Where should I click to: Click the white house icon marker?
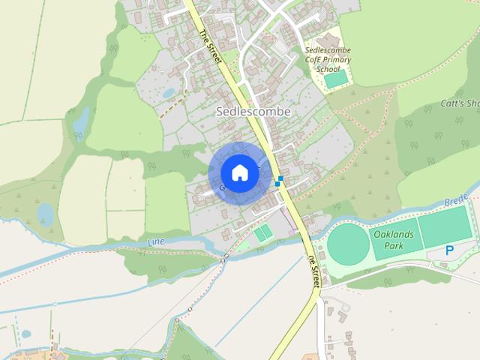[239, 172]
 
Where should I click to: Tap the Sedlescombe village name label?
[253, 111]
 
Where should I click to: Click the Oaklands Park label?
[388, 240]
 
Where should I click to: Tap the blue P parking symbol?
[449, 250]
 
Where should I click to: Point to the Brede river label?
[455, 202]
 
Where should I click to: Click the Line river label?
[156, 242]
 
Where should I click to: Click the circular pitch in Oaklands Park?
[349, 244]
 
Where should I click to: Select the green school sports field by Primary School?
[335, 79]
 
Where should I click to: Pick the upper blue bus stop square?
[280, 178]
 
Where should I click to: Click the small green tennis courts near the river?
[262, 233]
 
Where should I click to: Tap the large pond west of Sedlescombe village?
[81, 120]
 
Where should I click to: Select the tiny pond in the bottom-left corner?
[26, 334]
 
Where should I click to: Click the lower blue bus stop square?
[277, 184]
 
